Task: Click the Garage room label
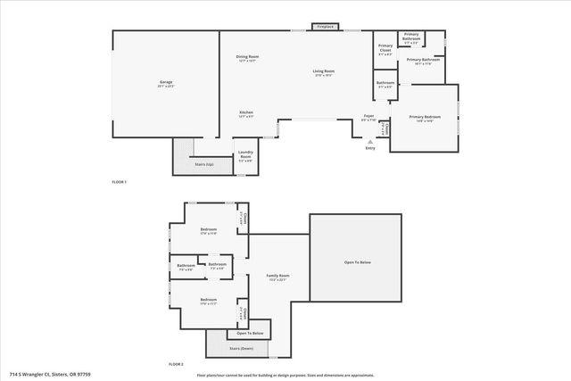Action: (x=166, y=84)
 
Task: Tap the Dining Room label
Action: (x=247, y=59)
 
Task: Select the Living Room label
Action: (x=323, y=73)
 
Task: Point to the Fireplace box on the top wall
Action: (x=325, y=27)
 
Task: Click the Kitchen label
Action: (x=246, y=114)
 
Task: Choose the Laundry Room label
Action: (x=246, y=159)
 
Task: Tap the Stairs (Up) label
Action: (x=203, y=164)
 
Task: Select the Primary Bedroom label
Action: (x=424, y=118)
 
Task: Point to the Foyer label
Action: (x=368, y=117)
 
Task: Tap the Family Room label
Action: (x=278, y=277)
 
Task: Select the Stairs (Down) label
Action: (x=241, y=348)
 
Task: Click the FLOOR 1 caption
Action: (x=119, y=182)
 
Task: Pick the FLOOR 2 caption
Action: (x=176, y=364)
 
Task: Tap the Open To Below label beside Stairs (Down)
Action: (x=249, y=332)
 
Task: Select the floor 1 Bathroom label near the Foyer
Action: (x=385, y=85)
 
